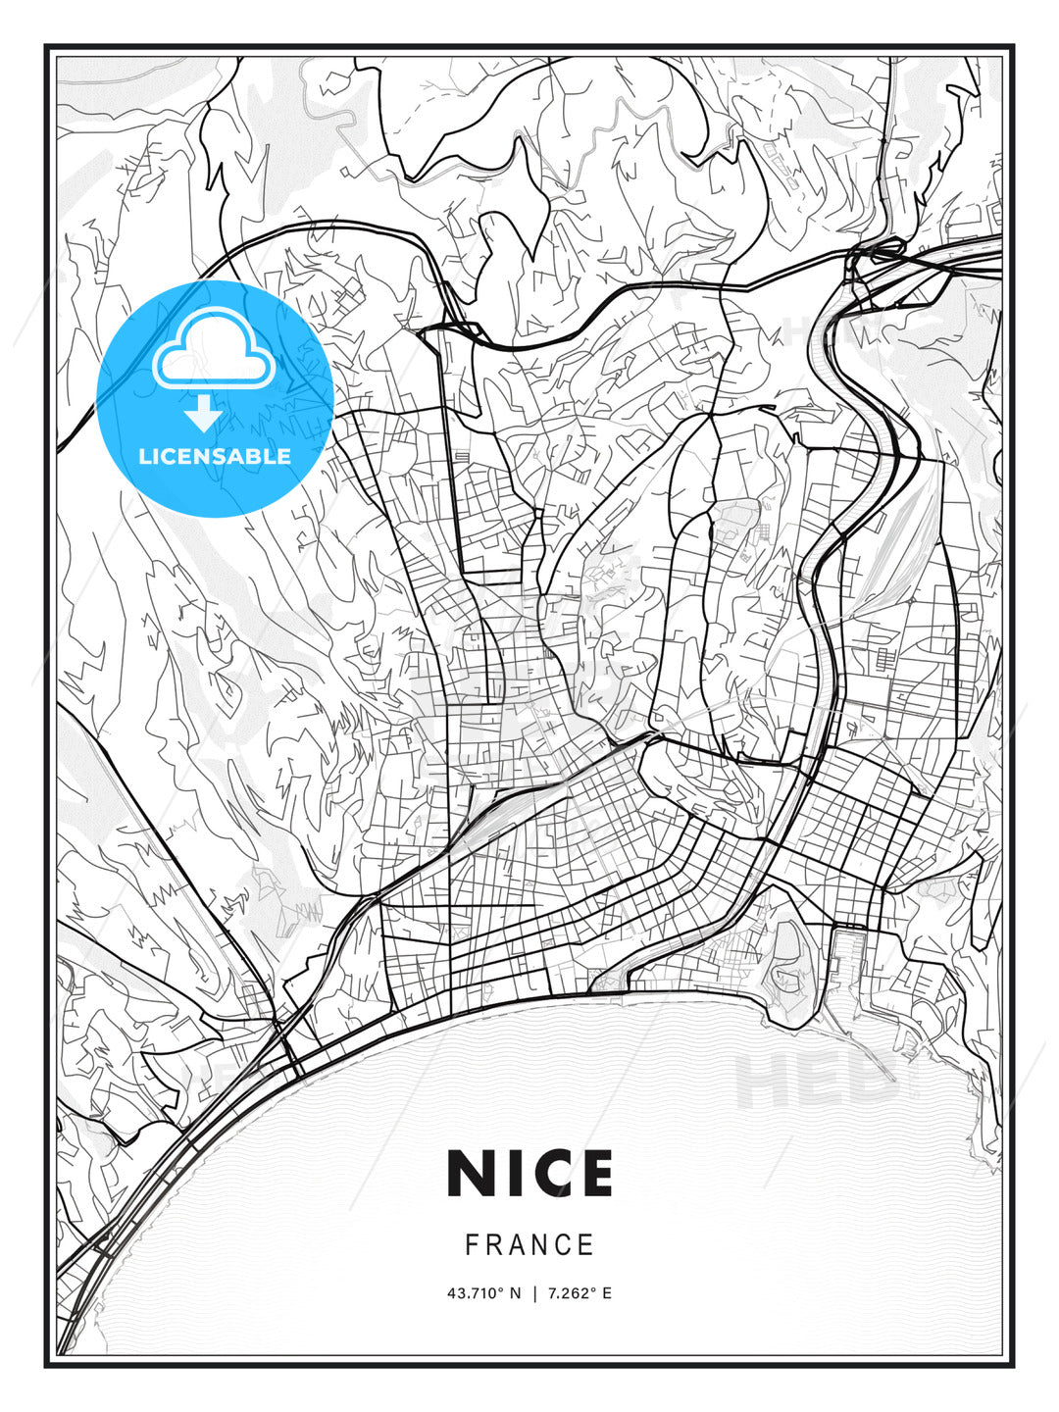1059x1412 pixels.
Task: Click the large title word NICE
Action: tap(529, 1173)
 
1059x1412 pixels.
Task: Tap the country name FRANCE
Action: tap(529, 1245)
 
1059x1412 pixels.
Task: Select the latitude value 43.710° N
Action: tap(484, 1293)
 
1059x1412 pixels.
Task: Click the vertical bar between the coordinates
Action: tap(534, 1293)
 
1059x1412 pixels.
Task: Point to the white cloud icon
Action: tap(214, 349)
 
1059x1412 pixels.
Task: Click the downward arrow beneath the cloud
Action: tap(203, 414)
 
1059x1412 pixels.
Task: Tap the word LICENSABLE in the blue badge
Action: tap(215, 456)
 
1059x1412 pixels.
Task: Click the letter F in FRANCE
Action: tap(472, 1245)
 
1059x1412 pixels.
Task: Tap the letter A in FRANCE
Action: tap(518, 1245)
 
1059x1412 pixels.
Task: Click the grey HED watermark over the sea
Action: tap(814, 1079)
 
